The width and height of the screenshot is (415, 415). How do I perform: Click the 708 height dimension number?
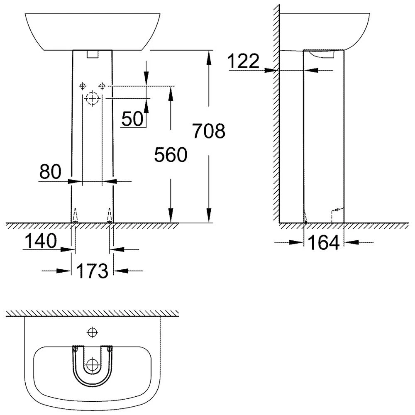coord(209,131)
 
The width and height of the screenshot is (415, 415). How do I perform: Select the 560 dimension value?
coord(171,154)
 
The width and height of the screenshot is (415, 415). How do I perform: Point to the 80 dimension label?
coord(50,171)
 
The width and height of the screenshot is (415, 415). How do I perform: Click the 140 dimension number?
coord(41,241)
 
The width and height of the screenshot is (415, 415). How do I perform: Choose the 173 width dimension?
coord(92,271)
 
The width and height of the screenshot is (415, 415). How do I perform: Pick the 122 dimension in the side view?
coord(244,61)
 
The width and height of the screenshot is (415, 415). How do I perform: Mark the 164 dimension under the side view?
coord(324,242)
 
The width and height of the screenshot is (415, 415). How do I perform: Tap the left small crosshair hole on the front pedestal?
coord(83,86)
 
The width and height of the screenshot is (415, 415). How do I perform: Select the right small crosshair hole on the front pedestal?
coord(102,86)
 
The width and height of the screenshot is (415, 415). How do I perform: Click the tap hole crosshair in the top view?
coord(93,332)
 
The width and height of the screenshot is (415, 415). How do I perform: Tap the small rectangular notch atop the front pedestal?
coord(93,54)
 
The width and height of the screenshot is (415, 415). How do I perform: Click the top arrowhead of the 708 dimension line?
coord(209,57)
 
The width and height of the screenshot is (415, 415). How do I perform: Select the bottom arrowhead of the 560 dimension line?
coord(171,215)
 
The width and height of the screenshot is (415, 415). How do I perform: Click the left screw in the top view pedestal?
coord(75,349)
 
